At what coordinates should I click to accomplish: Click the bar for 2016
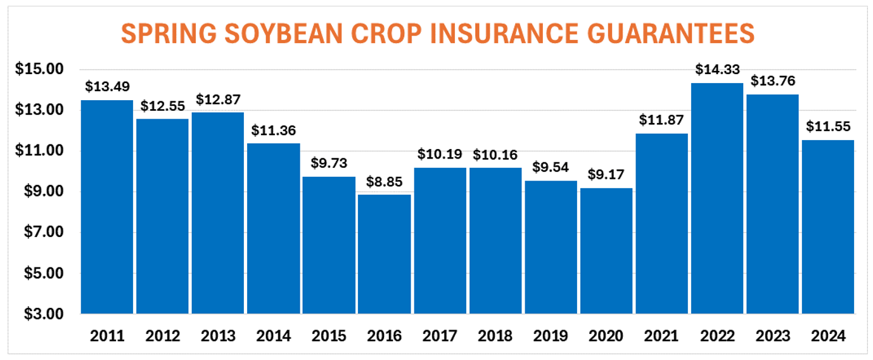click(384, 254)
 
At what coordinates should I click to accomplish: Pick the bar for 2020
click(606, 251)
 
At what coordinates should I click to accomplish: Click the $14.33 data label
click(717, 69)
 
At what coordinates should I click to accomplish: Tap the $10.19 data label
click(440, 154)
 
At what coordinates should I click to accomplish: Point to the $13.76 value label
click(772, 81)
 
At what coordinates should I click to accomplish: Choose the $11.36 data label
click(273, 131)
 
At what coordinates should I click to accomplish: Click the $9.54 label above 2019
click(551, 167)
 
